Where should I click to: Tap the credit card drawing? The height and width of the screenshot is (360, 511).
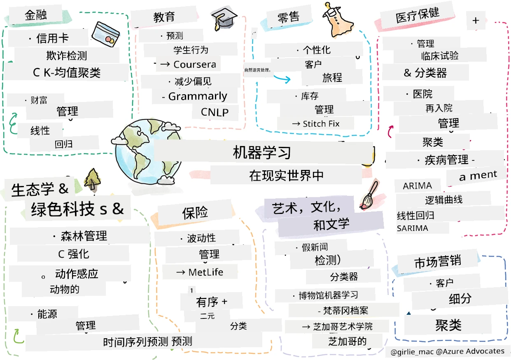click(105, 34)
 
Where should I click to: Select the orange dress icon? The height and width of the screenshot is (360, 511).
click(337, 20)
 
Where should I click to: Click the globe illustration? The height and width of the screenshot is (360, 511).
click(146, 152)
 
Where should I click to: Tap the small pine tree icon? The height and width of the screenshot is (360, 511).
click(92, 180)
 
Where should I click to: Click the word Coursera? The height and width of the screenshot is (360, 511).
click(195, 65)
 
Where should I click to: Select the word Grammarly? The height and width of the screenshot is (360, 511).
click(198, 96)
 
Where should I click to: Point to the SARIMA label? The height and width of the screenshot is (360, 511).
click(412, 228)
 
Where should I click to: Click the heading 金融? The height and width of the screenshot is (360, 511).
click(35, 15)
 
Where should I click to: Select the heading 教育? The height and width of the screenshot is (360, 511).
click(164, 17)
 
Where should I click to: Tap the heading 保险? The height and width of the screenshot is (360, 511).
click(195, 212)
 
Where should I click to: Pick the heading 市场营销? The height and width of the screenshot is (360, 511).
click(438, 262)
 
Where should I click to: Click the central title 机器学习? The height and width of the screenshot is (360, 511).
click(261, 152)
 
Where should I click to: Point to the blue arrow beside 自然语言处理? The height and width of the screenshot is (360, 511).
click(282, 78)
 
